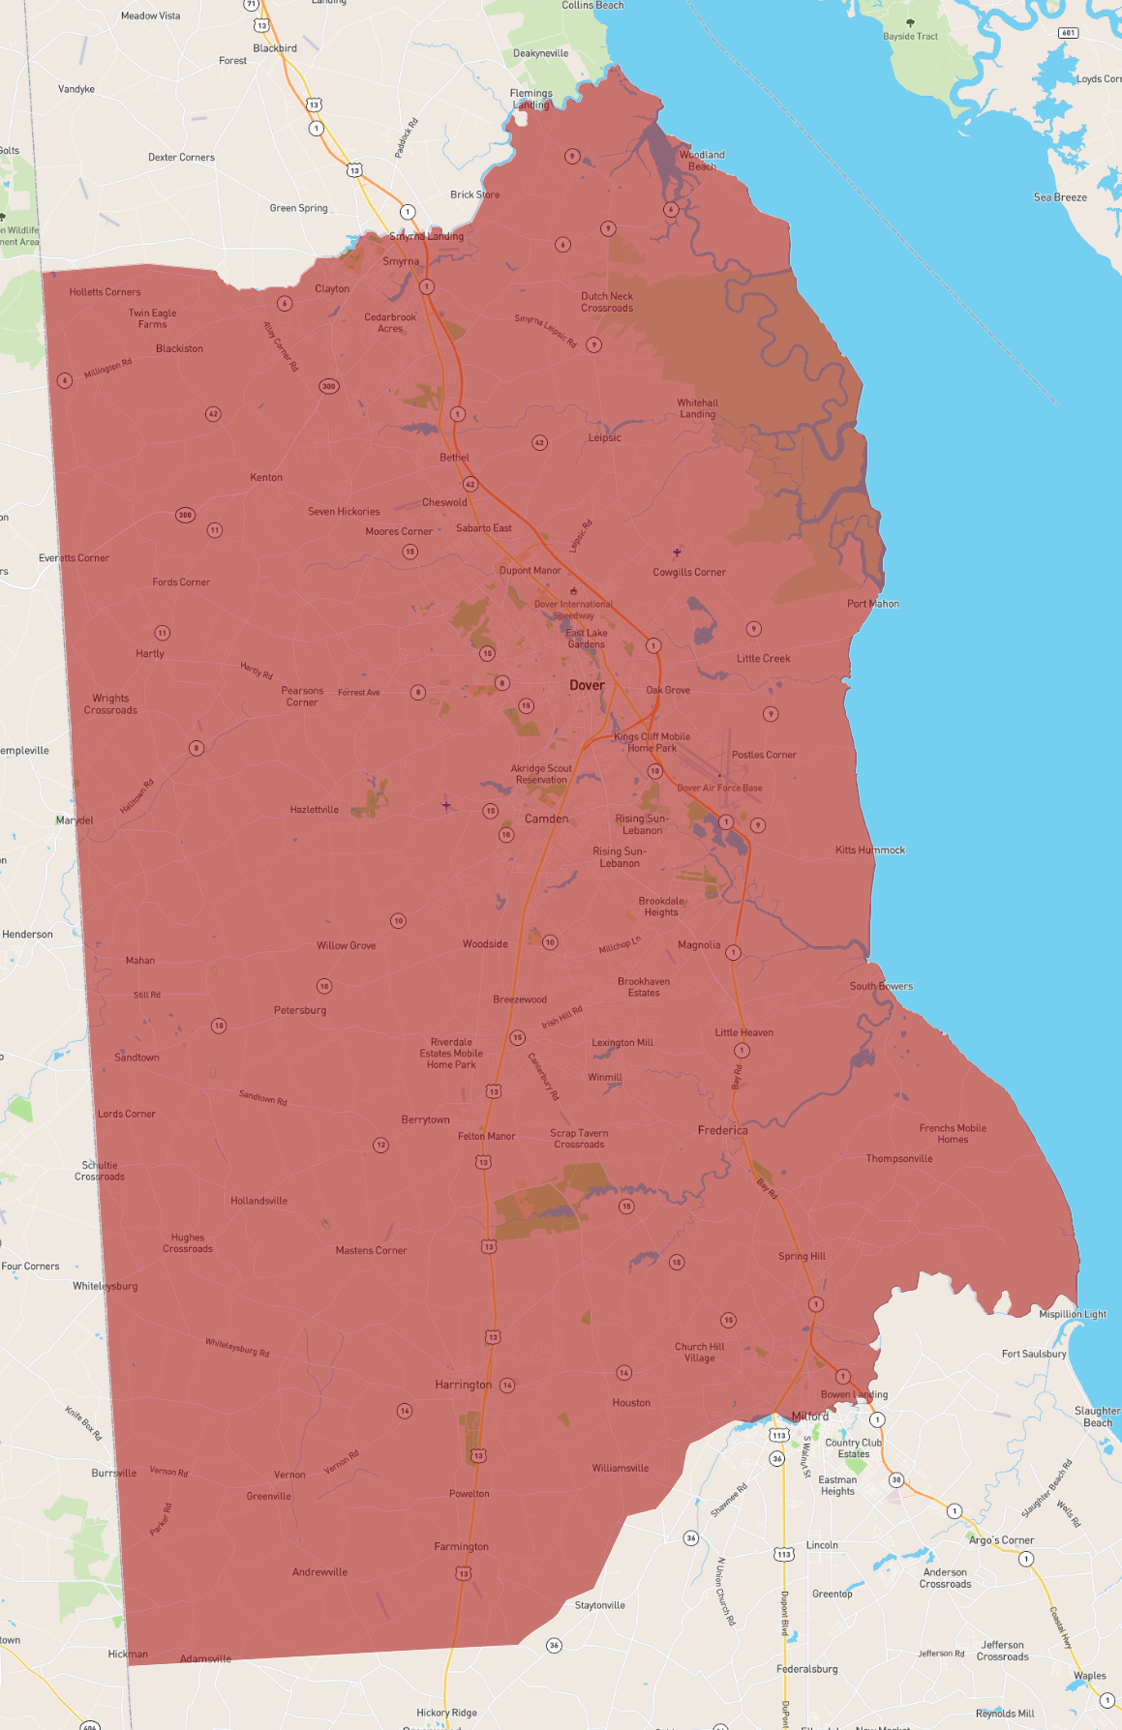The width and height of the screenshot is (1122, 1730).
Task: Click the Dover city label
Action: point(587,685)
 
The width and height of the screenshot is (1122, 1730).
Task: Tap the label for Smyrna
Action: point(401,261)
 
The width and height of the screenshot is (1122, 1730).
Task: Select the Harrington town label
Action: point(464,1385)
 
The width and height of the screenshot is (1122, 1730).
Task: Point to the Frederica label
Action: point(722,1130)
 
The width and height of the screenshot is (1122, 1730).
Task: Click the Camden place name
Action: point(546,819)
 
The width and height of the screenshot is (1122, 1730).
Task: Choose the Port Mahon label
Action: point(872,604)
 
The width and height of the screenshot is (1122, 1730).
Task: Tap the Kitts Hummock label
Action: point(870,850)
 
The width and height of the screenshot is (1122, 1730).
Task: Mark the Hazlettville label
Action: point(315,810)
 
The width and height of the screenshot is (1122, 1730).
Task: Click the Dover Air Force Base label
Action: point(719,788)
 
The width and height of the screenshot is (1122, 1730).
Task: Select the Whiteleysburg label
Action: point(106,1286)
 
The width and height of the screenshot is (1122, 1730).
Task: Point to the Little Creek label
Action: point(763,659)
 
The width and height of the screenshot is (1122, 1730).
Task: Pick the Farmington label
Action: point(461,1546)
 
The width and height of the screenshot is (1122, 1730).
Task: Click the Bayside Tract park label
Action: point(910,37)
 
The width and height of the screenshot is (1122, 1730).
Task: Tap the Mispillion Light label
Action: point(1073,1314)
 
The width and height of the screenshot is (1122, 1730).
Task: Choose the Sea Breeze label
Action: point(1060,197)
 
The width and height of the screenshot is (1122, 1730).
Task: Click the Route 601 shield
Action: point(1068,33)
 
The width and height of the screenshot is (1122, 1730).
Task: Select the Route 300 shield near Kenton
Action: point(185,515)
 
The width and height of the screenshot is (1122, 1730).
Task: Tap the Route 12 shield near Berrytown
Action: point(380,1145)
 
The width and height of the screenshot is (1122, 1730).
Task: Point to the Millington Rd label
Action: point(107,368)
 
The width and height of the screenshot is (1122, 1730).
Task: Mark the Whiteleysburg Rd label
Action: point(237,1347)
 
